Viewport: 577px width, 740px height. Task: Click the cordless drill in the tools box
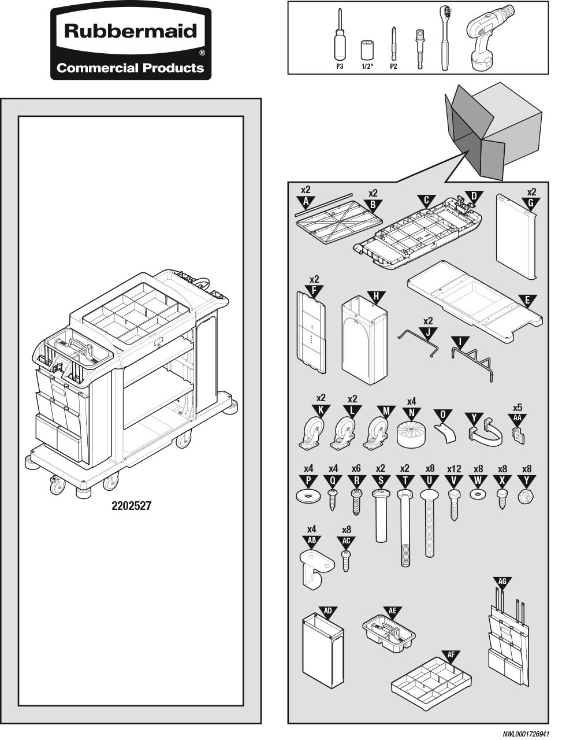(489, 38)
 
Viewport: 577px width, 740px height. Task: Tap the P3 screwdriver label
(340, 66)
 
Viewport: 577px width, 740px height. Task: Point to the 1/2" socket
(367, 50)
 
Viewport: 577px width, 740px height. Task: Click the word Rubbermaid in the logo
(131, 31)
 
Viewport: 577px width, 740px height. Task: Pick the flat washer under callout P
(308, 497)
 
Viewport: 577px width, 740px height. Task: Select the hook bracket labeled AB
(315, 569)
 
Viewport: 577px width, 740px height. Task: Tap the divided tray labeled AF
(431, 685)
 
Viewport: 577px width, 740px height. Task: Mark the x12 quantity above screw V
(454, 469)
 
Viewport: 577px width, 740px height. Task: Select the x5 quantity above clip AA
(518, 407)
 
